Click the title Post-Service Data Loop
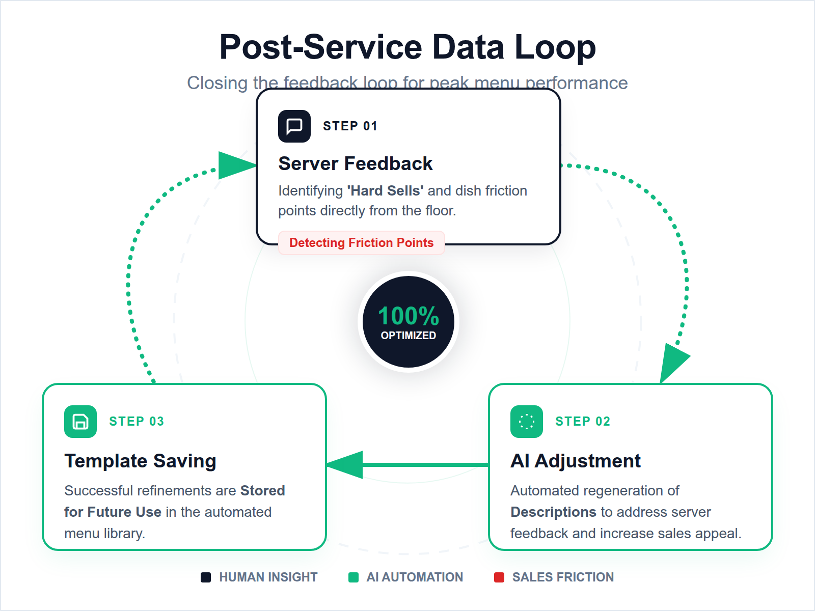tap(407, 47)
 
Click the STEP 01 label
tap(350, 126)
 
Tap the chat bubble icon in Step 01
tap(294, 126)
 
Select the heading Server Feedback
tap(355, 163)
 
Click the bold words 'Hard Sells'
tap(385, 190)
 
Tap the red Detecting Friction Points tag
tap(361, 243)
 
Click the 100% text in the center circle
tap(408, 316)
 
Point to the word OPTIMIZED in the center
tap(408, 336)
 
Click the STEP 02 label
tap(582, 421)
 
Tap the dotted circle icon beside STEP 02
tap(526, 421)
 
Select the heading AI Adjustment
tap(575, 461)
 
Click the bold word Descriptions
tap(553, 512)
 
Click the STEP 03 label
tap(136, 421)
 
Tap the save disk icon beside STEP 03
tap(80, 421)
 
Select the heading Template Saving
tap(140, 461)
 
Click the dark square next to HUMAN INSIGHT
tap(206, 577)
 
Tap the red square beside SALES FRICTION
tap(499, 577)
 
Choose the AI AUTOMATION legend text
tap(414, 577)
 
